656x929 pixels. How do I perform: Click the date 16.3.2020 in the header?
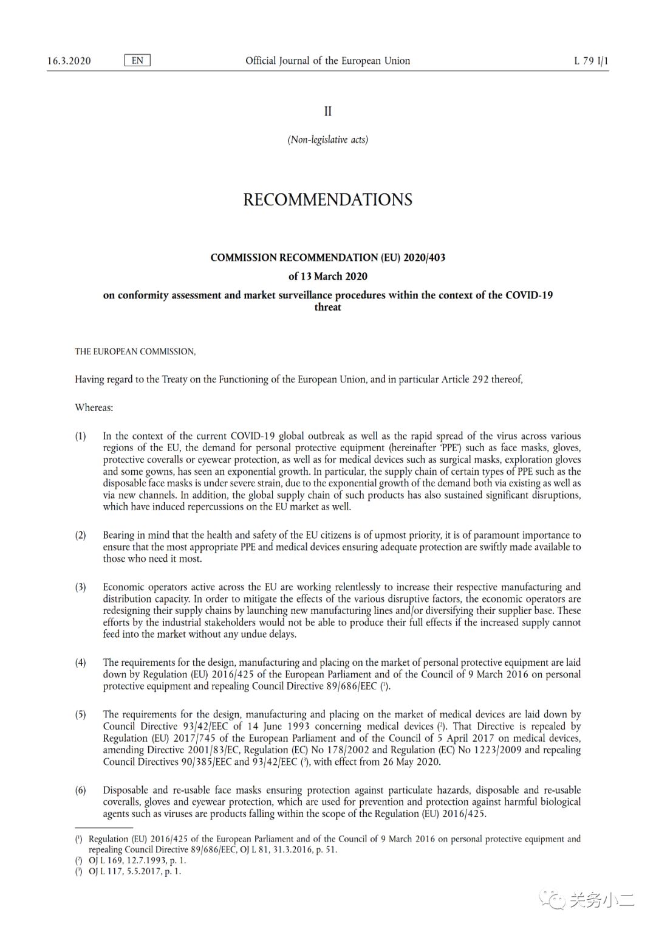pyautogui.click(x=69, y=61)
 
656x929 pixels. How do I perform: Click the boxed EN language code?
pyautogui.click(x=137, y=60)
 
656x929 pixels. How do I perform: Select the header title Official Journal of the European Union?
pyautogui.click(x=327, y=61)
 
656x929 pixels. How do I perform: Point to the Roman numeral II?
pyautogui.click(x=328, y=111)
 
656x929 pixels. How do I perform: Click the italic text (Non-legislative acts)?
pyautogui.click(x=328, y=140)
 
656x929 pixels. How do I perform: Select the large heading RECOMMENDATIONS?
pyautogui.click(x=328, y=200)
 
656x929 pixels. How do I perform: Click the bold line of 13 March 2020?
pyautogui.click(x=328, y=277)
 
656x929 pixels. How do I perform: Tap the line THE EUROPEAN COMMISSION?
pyautogui.click(x=135, y=351)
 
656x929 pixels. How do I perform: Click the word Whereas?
pyautogui.click(x=94, y=407)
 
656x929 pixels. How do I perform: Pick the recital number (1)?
pyautogui.click(x=81, y=436)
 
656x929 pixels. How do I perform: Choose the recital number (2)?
pyautogui.click(x=81, y=535)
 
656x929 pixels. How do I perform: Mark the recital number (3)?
pyautogui.click(x=81, y=587)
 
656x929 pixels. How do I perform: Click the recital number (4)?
pyautogui.click(x=81, y=663)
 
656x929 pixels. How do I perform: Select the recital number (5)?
pyautogui.click(x=81, y=714)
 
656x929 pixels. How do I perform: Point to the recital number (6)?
pyautogui.click(x=81, y=790)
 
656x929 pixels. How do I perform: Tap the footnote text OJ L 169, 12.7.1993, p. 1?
pyautogui.click(x=137, y=861)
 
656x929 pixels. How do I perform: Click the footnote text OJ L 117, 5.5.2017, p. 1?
pyautogui.click(x=135, y=871)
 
